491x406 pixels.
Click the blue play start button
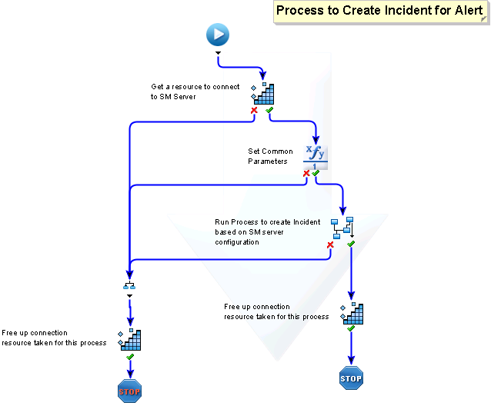[218, 35]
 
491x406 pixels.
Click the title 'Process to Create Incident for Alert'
[380, 11]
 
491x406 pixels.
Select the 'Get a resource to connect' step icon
[263, 93]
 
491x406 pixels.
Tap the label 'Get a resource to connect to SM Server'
[195, 92]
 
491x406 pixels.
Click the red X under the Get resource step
[253, 111]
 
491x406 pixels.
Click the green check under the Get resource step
[269, 111]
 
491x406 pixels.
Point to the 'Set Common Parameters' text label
[270, 156]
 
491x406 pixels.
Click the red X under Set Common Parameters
[306, 174]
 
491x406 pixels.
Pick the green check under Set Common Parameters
[316, 174]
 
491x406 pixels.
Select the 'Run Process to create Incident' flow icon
[342, 228]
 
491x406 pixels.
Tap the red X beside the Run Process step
[330, 245]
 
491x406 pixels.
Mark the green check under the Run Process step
[351, 244]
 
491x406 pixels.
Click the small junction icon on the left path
[129, 286]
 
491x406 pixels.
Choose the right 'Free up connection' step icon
[352, 314]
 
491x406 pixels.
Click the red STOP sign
[129, 391]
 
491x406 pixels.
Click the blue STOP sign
[351, 378]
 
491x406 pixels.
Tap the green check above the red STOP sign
[130, 358]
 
